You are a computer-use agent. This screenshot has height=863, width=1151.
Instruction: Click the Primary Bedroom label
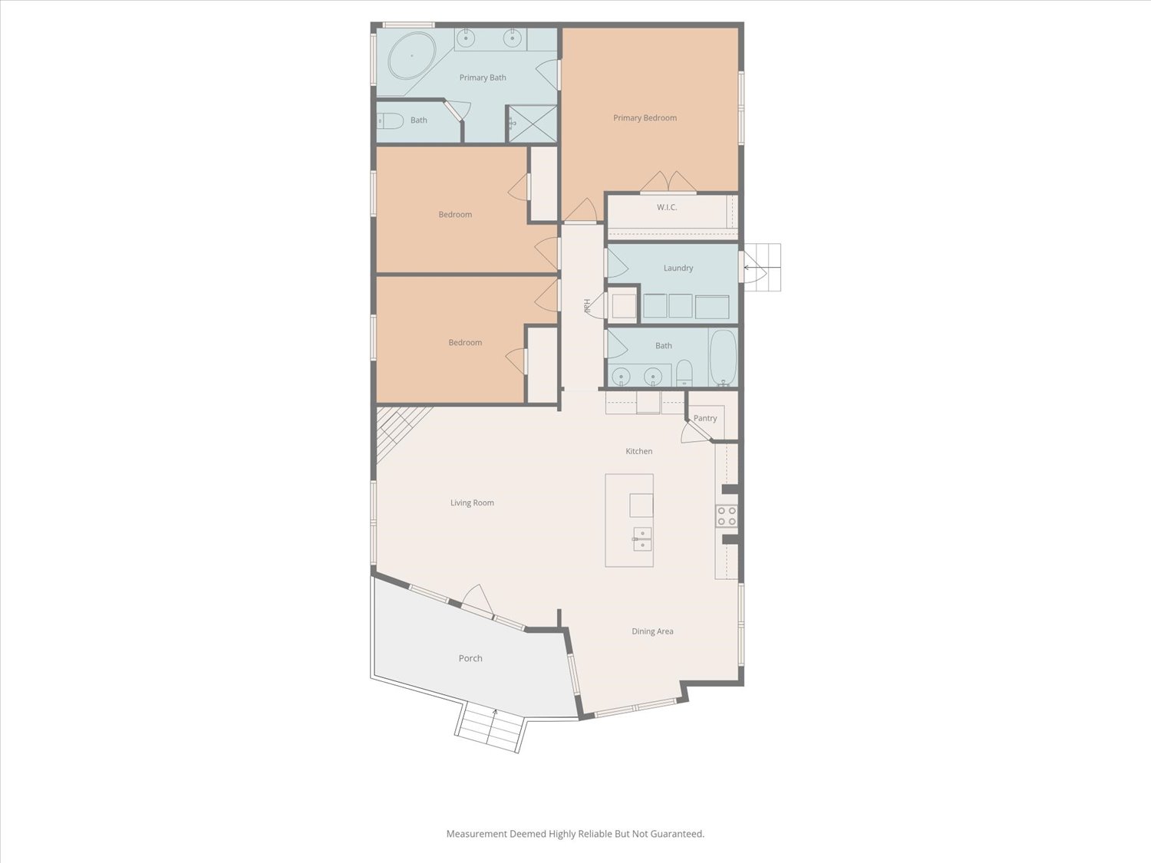(645, 118)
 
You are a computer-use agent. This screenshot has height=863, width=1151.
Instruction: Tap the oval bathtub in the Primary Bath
(412, 56)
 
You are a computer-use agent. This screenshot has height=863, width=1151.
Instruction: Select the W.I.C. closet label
(667, 207)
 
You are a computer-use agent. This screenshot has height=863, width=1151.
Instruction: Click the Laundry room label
(678, 268)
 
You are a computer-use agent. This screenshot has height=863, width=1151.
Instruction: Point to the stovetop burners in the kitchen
(726, 515)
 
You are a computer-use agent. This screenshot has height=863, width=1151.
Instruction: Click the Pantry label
(704, 418)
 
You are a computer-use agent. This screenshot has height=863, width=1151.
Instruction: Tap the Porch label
(470, 658)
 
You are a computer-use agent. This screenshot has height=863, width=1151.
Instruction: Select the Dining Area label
(652, 631)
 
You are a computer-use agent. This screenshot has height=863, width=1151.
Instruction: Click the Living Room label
(472, 503)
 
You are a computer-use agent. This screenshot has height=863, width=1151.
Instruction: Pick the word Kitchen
(638, 451)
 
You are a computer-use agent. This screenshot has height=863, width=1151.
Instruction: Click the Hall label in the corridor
(587, 306)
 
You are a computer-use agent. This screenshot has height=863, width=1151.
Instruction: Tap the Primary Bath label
(483, 77)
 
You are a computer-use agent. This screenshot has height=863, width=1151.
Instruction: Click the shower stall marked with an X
(533, 124)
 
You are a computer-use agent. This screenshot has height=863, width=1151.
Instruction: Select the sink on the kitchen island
(642, 539)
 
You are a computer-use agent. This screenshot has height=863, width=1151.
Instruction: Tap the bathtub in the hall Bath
(723, 358)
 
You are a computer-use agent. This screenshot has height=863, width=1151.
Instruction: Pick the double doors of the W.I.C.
(668, 182)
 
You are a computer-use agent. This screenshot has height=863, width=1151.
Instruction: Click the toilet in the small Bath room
(390, 121)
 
